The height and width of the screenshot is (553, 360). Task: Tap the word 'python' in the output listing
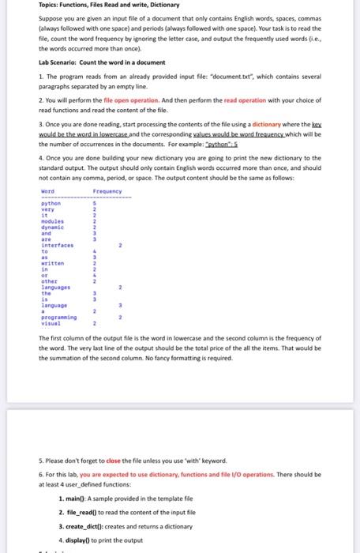coord(51,204)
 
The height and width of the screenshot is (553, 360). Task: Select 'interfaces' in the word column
coord(57,246)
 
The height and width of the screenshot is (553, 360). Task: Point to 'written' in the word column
coord(52,262)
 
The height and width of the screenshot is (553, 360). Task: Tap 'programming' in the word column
coord(58,318)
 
